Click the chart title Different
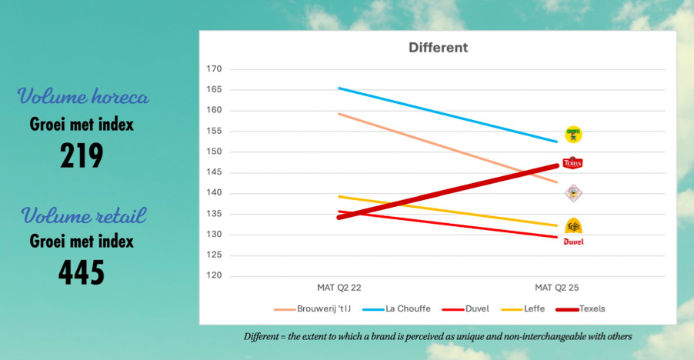pyautogui.click(x=438, y=48)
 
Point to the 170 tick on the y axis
pyautogui.click(x=214, y=69)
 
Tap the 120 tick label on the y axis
pyautogui.click(x=214, y=275)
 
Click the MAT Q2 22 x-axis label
pyautogui.click(x=339, y=287)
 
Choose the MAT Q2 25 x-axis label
pyautogui.click(x=556, y=287)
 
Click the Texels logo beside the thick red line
pyautogui.click(x=572, y=163)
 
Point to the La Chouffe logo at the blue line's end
pyautogui.click(x=573, y=135)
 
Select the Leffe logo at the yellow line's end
pyautogui.click(x=573, y=226)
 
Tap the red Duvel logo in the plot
pyautogui.click(x=573, y=242)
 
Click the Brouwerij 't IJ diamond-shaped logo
pyautogui.click(x=573, y=193)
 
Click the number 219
pyautogui.click(x=82, y=156)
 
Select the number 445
pyautogui.click(x=82, y=272)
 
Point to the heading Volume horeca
pyautogui.click(x=83, y=98)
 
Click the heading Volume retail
pyautogui.click(x=83, y=215)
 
